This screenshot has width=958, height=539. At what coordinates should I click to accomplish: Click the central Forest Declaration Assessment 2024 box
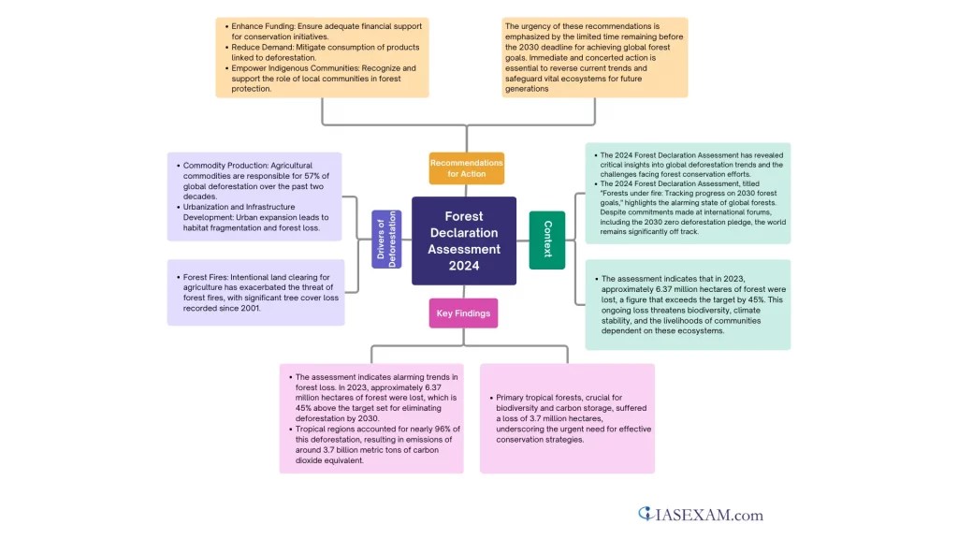(x=464, y=240)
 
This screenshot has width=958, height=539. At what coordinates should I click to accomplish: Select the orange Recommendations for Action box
(x=466, y=168)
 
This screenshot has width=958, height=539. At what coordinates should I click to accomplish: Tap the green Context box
(x=547, y=240)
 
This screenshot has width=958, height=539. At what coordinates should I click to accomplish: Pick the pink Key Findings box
(x=463, y=313)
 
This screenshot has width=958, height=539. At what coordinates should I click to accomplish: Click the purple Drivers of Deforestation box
(x=386, y=240)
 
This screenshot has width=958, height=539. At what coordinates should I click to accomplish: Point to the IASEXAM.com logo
(x=701, y=514)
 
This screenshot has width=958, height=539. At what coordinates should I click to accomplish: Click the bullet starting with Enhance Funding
(x=318, y=31)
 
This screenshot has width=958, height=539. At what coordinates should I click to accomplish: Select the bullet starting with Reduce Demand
(x=318, y=52)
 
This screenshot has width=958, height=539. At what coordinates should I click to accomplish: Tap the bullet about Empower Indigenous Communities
(x=318, y=79)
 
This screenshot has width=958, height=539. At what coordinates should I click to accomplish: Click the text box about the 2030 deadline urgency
(x=594, y=57)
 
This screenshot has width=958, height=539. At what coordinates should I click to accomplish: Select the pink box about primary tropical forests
(x=567, y=418)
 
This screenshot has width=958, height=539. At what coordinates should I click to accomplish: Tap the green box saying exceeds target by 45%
(x=688, y=304)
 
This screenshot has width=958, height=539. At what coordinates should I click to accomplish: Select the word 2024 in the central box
(x=464, y=266)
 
